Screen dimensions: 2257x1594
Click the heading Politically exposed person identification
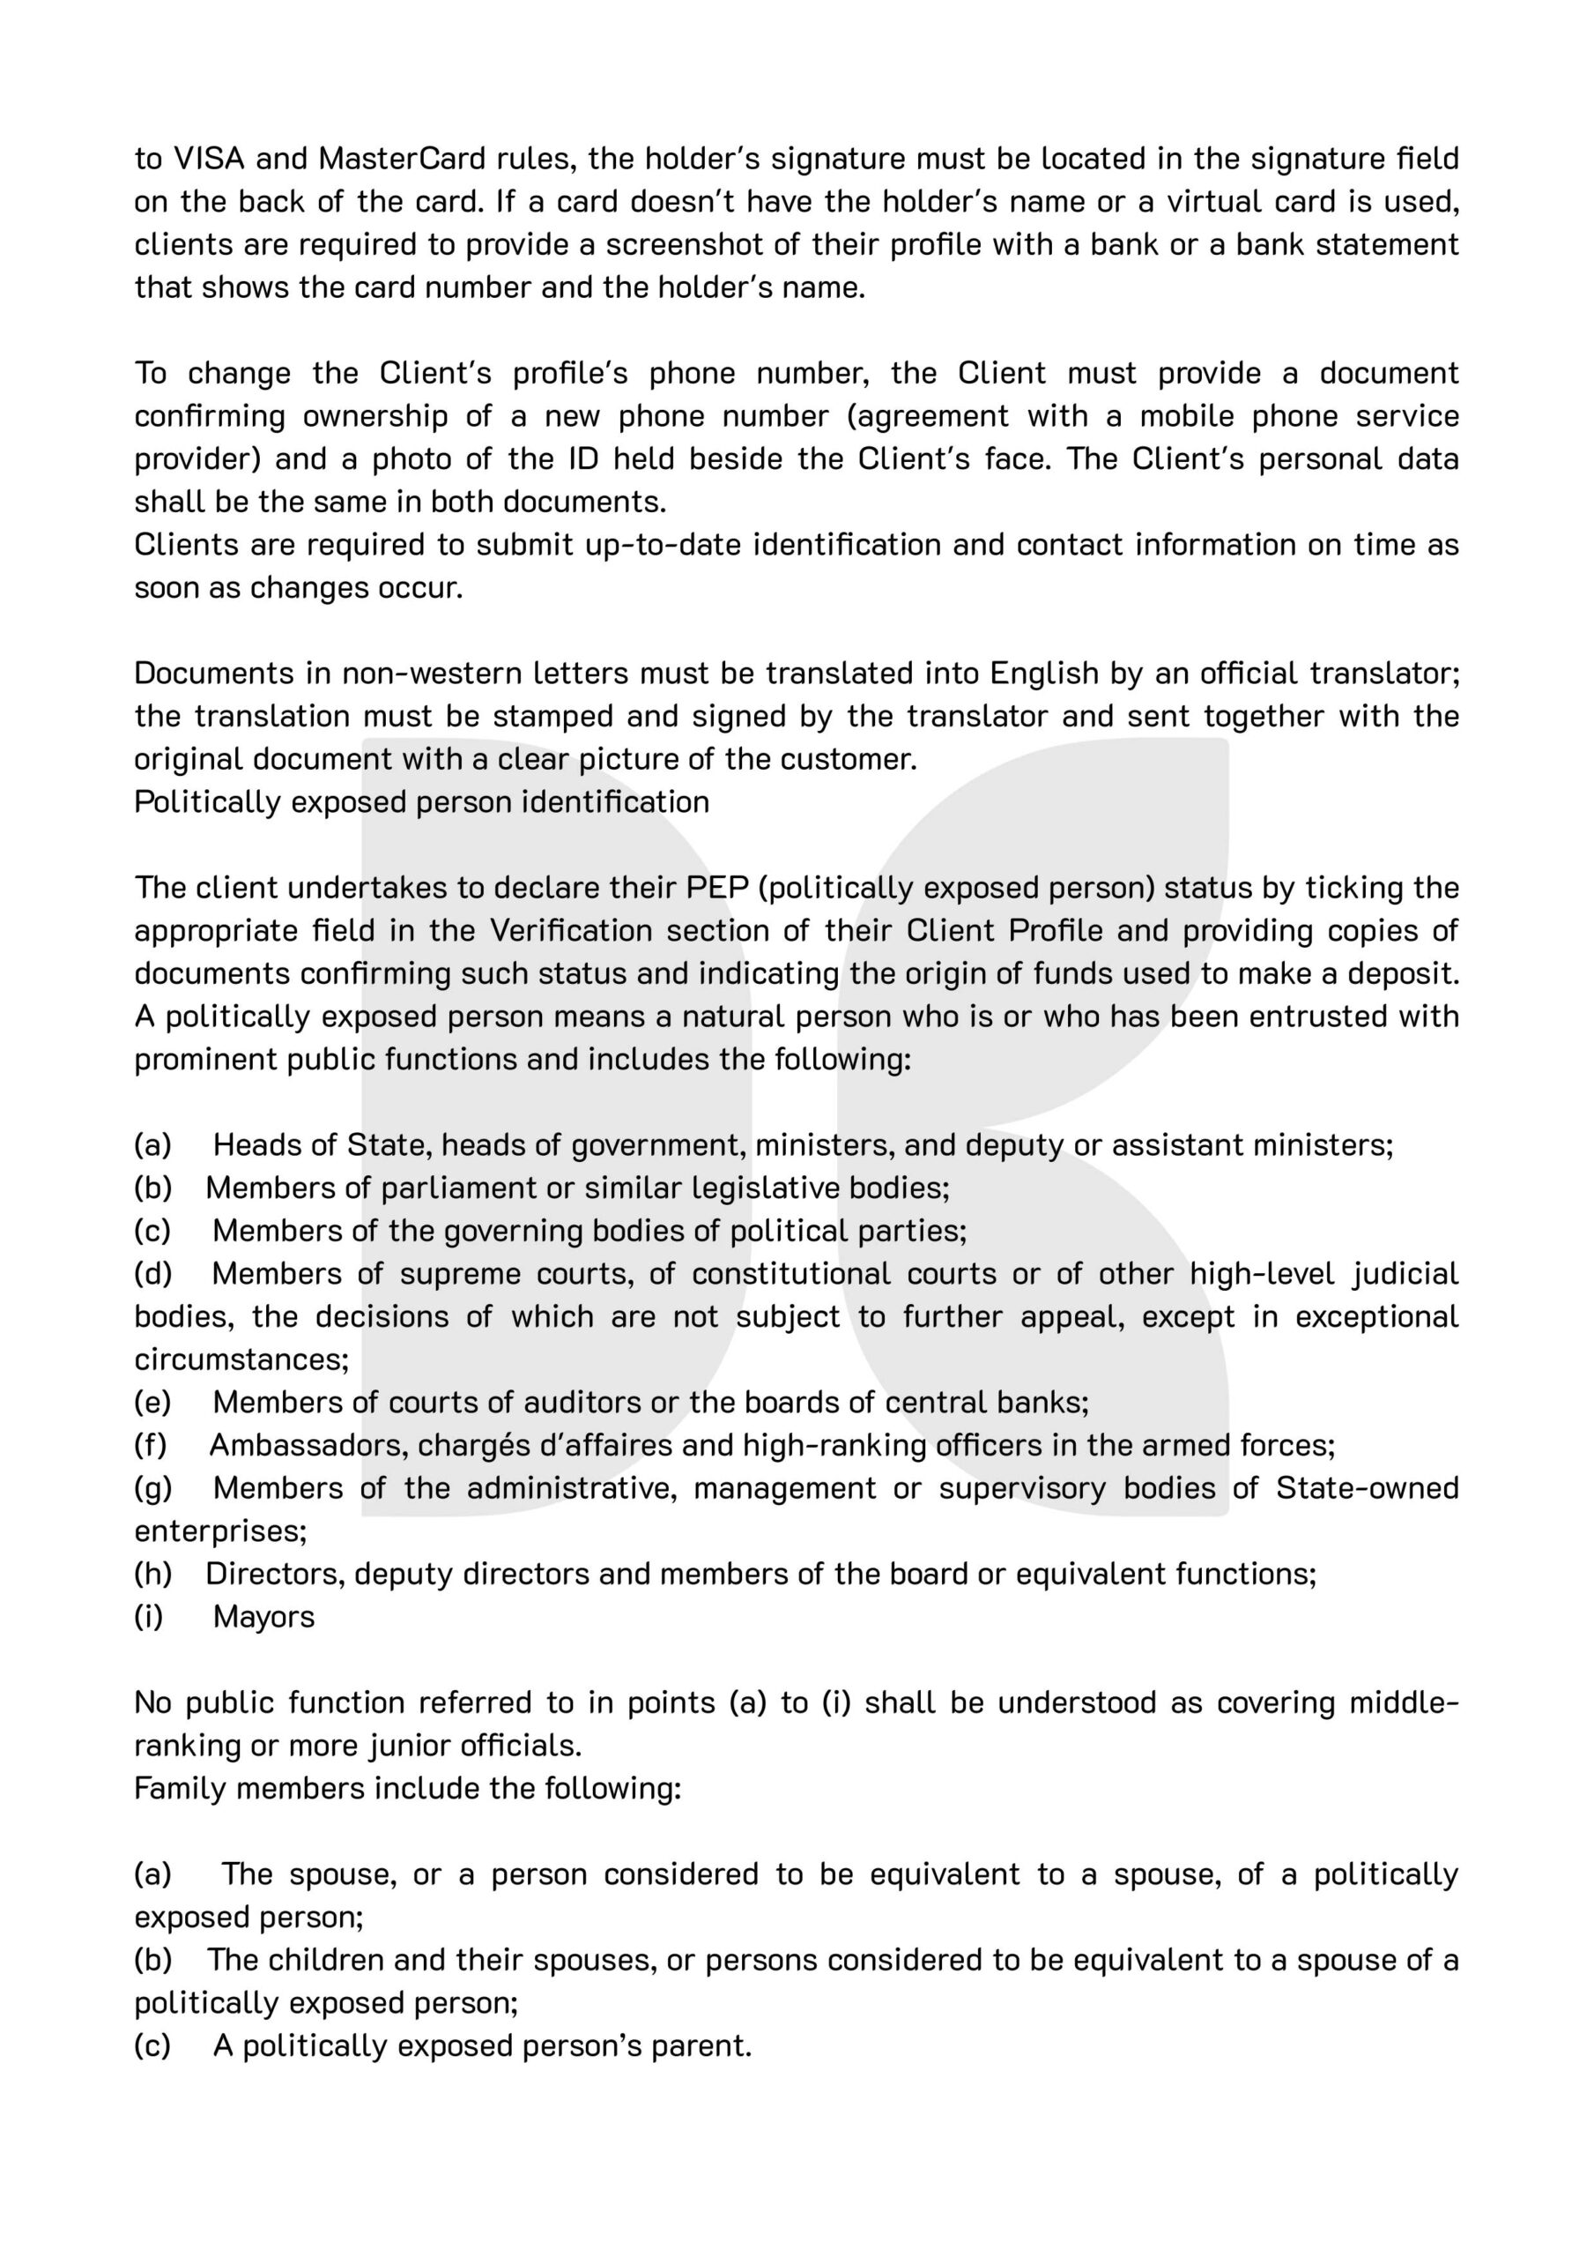tap(421, 802)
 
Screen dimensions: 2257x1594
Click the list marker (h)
tap(153, 1574)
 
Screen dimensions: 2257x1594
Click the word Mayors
tap(263, 1617)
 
